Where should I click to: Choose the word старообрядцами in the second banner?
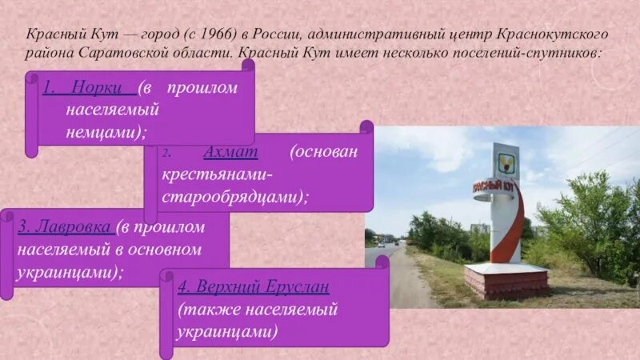[x=236, y=194]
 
